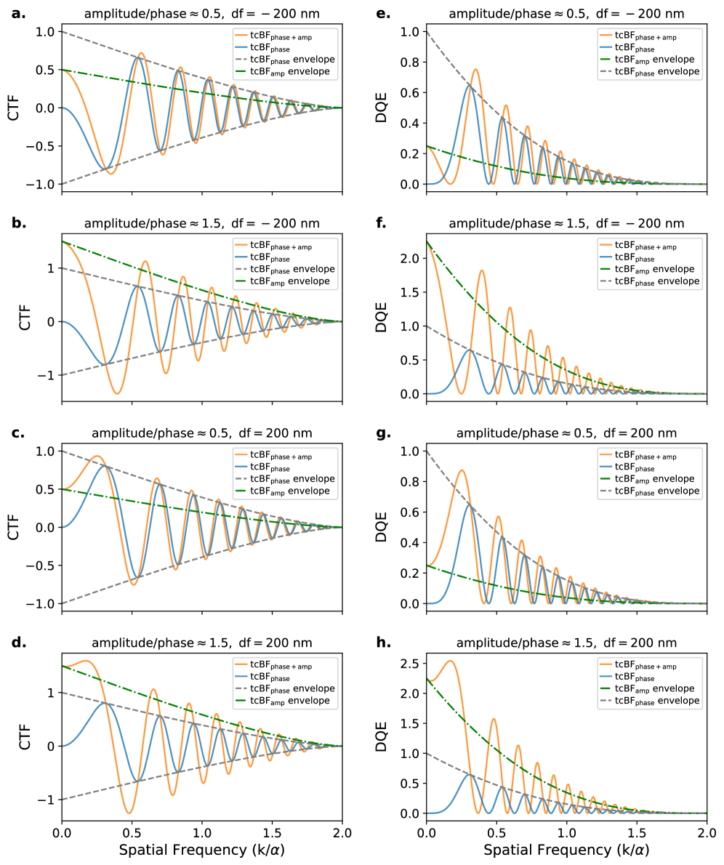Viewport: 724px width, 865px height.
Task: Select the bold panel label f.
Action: click(x=380, y=223)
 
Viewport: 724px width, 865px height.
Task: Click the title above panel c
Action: click(x=202, y=433)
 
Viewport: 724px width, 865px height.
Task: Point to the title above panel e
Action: click(x=566, y=14)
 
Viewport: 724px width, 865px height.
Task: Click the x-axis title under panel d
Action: click(x=201, y=849)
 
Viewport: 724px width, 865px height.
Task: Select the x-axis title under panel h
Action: click(x=566, y=849)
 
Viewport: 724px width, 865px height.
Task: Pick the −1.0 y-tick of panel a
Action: click(x=41, y=184)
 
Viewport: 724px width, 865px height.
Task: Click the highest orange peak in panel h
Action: click(x=451, y=661)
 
